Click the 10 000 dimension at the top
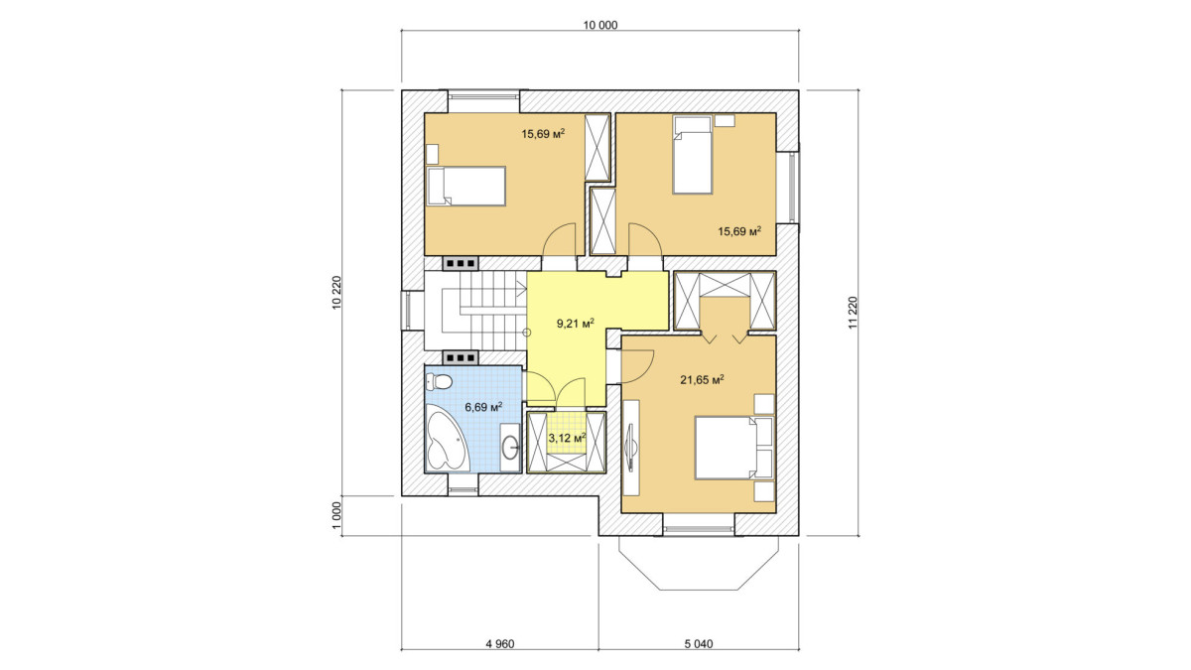click(600, 25)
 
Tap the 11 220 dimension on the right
click(853, 313)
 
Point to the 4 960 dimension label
click(500, 644)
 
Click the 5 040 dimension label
click(698, 644)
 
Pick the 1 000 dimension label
click(336, 516)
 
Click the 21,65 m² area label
click(702, 379)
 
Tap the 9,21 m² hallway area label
click(575, 324)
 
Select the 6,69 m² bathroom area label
click(484, 407)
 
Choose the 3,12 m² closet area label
click(567, 438)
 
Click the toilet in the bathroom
click(439, 381)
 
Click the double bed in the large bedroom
click(733, 448)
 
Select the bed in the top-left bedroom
click(465, 186)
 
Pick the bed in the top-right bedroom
click(693, 155)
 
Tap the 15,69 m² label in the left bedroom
click(543, 133)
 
